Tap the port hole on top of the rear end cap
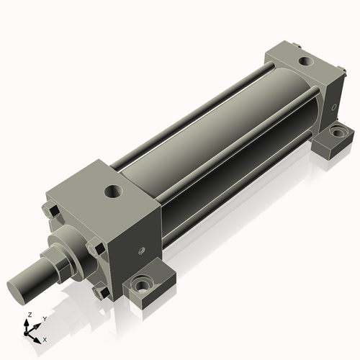(x=303, y=62)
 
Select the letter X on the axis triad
(x=45, y=338)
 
